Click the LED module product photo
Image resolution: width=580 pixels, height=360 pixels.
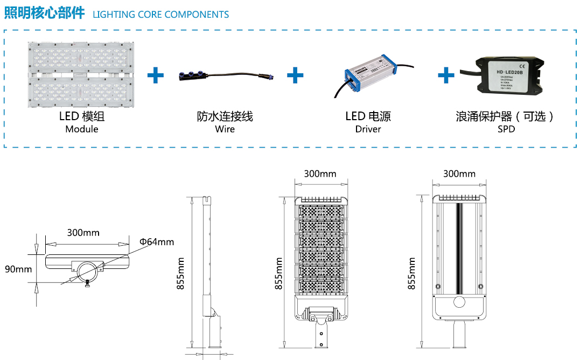pyautogui.click(x=82, y=74)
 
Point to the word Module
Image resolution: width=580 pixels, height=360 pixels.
pyautogui.click(x=82, y=129)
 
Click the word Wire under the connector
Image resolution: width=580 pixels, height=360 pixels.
pyautogui.click(x=225, y=129)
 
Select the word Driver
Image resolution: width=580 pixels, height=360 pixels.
pyautogui.click(x=368, y=129)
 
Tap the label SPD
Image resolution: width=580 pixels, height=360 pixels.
pyautogui.click(x=506, y=129)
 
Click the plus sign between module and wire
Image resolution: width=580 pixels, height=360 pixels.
pyautogui.click(x=156, y=75)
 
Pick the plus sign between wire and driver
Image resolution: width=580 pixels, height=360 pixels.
pyautogui.click(x=295, y=75)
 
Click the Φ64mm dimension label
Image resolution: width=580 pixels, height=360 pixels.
pyautogui.click(x=157, y=242)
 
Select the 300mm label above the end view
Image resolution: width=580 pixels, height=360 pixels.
pyautogui.click(x=83, y=233)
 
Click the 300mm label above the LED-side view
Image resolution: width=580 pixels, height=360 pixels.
pyautogui.click(x=320, y=174)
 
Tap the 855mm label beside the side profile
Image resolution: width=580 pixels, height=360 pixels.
pyautogui.click(x=180, y=274)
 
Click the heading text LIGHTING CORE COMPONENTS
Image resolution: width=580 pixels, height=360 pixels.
pyautogui.click(x=160, y=15)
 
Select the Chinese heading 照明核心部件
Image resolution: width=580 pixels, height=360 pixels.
pyautogui.click(x=45, y=13)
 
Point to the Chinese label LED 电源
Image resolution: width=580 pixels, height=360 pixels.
pyautogui.click(x=368, y=116)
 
